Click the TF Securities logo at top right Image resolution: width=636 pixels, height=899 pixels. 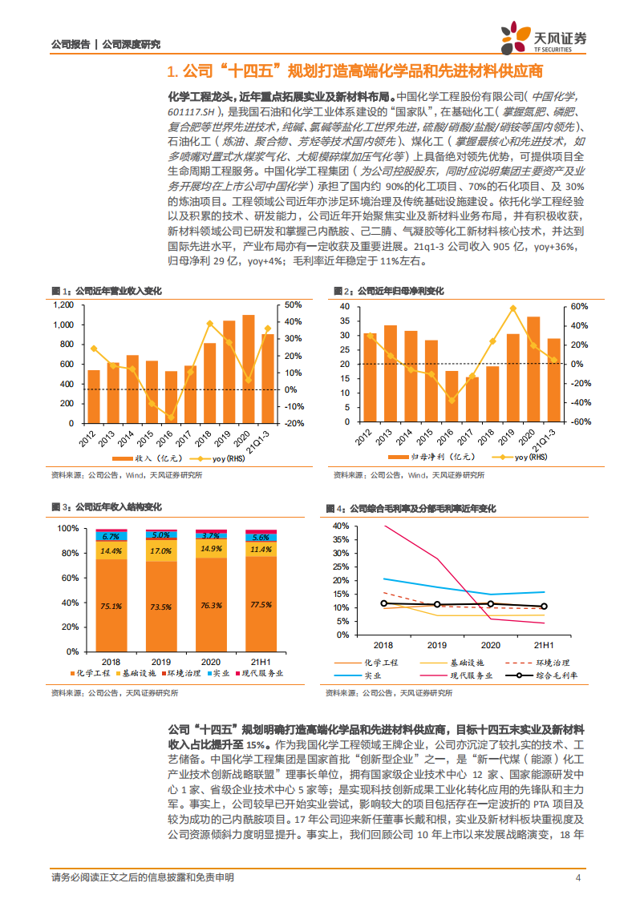[543, 36]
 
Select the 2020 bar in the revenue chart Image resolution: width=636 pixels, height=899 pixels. [249, 369]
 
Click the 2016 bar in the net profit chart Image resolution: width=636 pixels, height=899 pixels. [452, 397]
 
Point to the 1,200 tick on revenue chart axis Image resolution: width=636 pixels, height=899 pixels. [63, 305]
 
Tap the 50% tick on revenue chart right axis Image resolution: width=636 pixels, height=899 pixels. [292, 305]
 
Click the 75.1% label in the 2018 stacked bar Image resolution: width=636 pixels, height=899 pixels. [111, 606]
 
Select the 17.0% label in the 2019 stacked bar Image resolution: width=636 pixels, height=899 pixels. [160, 551]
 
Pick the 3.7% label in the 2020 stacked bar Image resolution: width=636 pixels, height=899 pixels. [210, 535]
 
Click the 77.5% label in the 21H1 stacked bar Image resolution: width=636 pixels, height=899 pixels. [260, 604]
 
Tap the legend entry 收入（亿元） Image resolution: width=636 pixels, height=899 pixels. [148, 458]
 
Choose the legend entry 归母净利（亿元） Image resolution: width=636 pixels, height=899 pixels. [428, 458]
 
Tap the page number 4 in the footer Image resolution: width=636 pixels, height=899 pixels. [578, 878]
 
